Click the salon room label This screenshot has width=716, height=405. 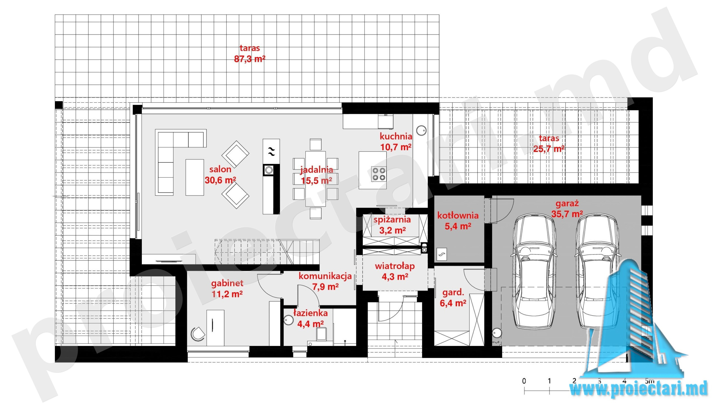220,169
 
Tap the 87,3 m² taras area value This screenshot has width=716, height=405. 249,59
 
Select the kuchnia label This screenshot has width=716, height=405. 396,136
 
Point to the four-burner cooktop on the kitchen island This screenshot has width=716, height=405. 379,174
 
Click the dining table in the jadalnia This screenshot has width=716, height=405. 315,179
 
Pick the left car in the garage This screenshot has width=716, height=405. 534,271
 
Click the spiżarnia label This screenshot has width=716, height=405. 392,220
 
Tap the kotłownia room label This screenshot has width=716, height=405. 458,215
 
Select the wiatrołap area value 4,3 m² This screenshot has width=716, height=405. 395,277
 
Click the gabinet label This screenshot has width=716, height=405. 227,283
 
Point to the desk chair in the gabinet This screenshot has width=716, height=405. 198,334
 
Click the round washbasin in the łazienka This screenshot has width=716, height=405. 289,320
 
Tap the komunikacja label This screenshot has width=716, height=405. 325,276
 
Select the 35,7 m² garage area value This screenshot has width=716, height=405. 567,214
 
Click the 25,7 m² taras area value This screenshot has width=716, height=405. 549,149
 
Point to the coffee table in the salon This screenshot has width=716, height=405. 195,177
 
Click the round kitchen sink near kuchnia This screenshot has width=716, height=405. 421,130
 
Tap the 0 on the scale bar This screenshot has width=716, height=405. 524,381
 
